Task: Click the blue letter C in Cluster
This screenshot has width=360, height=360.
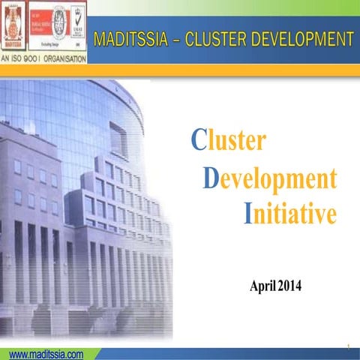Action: [x=198, y=139]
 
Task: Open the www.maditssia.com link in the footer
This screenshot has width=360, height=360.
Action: [x=46, y=354]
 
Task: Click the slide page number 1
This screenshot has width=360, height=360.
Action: [x=349, y=347]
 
